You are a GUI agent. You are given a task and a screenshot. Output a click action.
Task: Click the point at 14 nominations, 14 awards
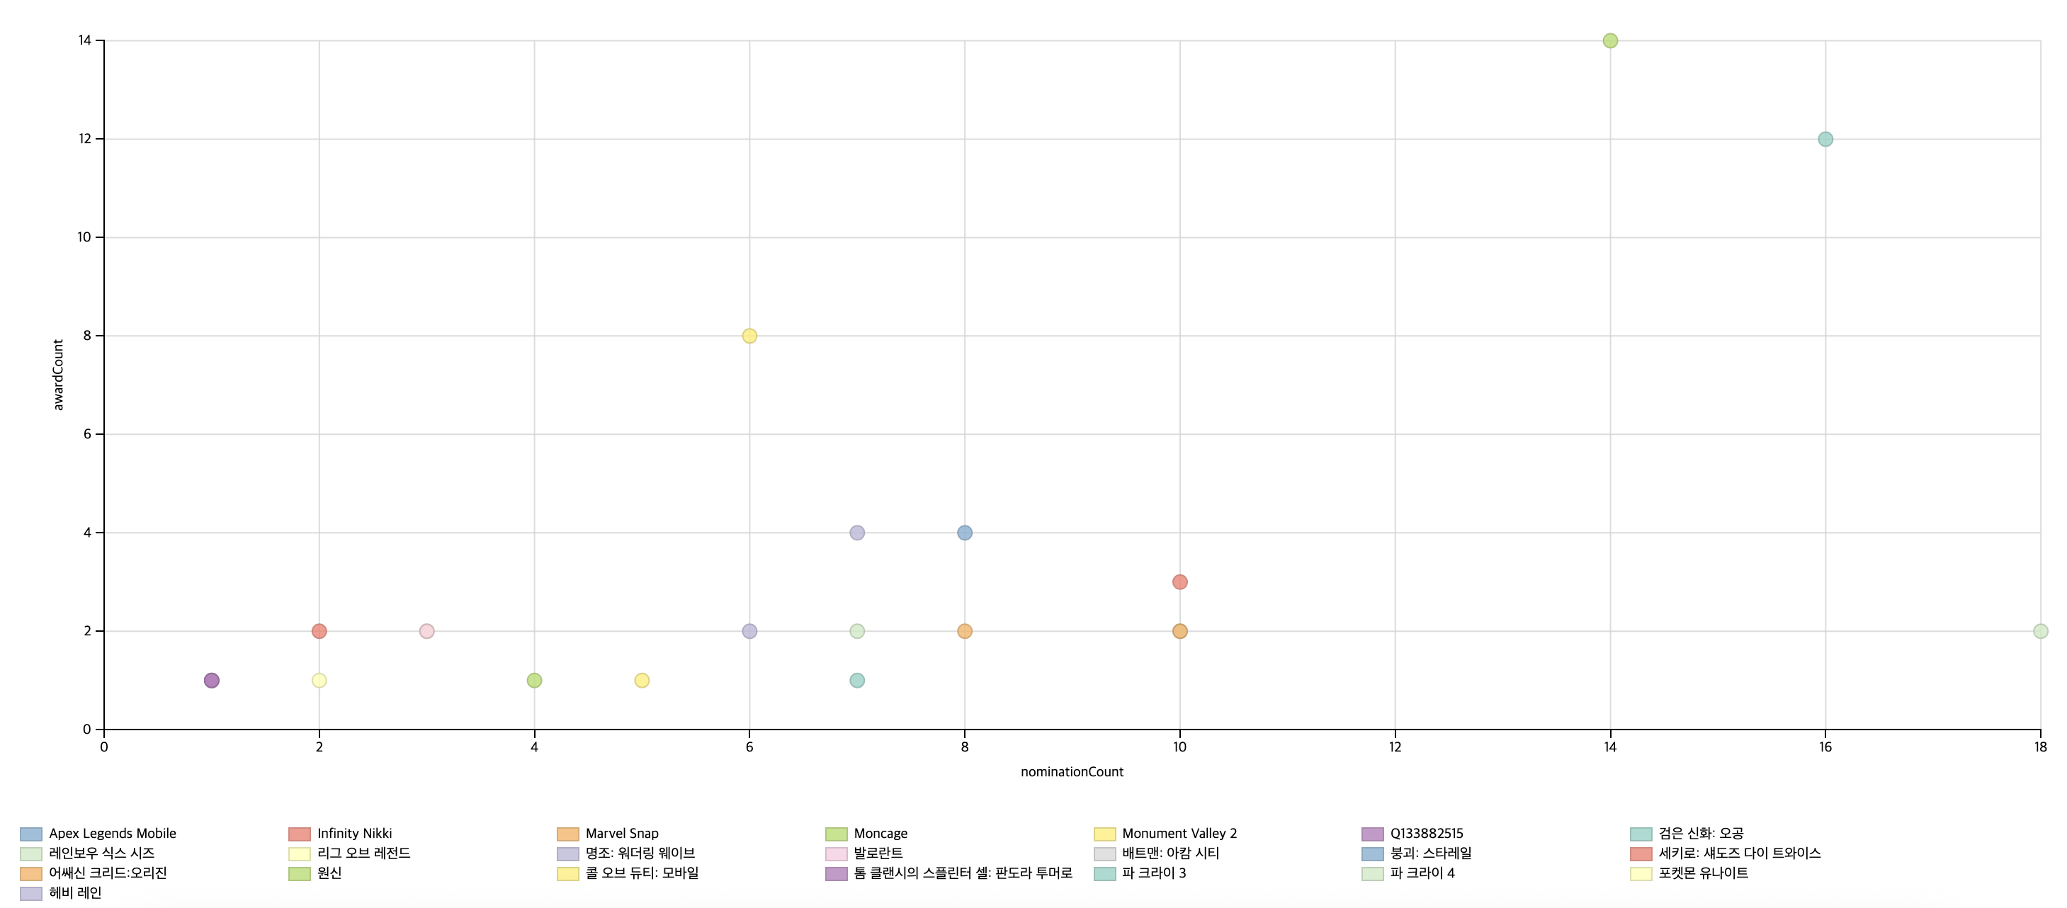click(x=1609, y=41)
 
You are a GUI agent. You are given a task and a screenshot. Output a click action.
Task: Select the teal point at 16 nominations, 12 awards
click(x=1825, y=140)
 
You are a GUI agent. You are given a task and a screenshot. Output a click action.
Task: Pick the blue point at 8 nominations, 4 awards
click(x=965, y=533)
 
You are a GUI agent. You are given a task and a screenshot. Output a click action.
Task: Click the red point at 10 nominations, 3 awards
click(x=1179, y=582)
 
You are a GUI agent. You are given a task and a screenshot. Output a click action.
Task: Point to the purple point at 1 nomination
click(x=212, y=680)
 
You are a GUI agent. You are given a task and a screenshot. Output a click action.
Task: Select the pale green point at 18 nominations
click(x=2039, y=631)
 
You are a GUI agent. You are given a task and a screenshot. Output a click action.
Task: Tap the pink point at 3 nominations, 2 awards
click(x=427, y=631)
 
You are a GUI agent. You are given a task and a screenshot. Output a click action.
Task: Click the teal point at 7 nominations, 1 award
click(x=857, y=680)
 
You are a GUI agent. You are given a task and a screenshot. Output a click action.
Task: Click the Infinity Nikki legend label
click(x=354, y=834)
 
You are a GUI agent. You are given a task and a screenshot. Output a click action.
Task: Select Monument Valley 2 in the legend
click(x=1179, y=834)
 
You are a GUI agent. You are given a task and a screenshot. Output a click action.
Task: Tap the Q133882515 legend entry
click(x=1426, y=834)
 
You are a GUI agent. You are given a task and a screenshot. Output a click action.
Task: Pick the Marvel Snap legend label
click(x=621, y=834)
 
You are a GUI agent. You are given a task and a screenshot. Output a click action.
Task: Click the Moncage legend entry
click(x=880, y=834)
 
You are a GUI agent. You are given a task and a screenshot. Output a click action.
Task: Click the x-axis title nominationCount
click(x=1071, y=771)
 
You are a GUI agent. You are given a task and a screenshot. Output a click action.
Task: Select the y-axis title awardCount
click(x=58, y=375)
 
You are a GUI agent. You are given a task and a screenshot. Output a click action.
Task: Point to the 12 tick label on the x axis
click(x=1395, y=747)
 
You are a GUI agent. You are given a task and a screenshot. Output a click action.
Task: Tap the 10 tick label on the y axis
click(x=84, y=237)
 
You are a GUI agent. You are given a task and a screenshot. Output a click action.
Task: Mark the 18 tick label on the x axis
click(x=2039, y=747)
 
